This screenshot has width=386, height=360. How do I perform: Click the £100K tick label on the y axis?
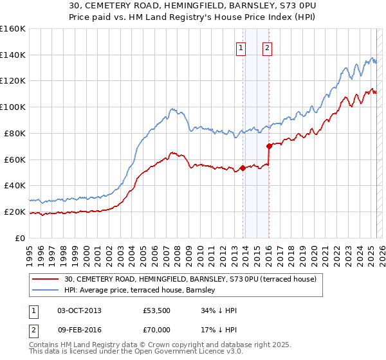click(x=13, y=107)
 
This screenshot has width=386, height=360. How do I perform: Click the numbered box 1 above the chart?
click(x=241, y=47)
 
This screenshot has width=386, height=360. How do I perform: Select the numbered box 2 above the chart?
click(x=267, y=47)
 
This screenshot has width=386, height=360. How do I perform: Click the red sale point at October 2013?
click(x=243, y=168)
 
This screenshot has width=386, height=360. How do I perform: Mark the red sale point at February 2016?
click(x=269, y=147)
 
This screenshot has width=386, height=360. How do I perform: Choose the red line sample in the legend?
click(x=45, y=279)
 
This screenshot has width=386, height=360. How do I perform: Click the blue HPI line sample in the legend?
click(x=45, y=290)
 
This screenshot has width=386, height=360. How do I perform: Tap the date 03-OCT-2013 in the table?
click(x=79, y=311)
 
